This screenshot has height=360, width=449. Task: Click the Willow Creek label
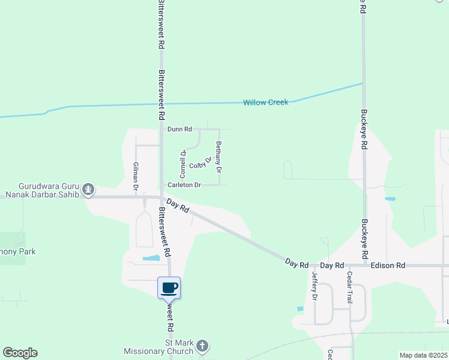click(x=265, y=103)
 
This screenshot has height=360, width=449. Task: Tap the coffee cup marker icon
click(x=169, y=287)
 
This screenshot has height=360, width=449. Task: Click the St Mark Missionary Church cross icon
click(x=202, y=346)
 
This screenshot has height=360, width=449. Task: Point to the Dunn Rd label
click(x=179, y=129)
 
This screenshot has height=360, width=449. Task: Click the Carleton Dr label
click(x=184, y=185)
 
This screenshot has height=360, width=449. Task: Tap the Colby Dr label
click(x=200, y=163)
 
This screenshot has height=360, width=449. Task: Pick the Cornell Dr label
click(x=182, y=160)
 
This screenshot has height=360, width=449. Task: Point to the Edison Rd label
click(x=388, y=265)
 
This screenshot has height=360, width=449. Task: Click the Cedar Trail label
click(x=349, y=287)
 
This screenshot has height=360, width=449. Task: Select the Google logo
click(x=20, y=353)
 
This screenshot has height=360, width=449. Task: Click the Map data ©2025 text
click(x=423, y=355)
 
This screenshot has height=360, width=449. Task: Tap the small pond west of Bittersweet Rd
click(x=151, y=259)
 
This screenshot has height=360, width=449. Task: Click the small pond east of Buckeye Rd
click(x=390, y=199)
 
